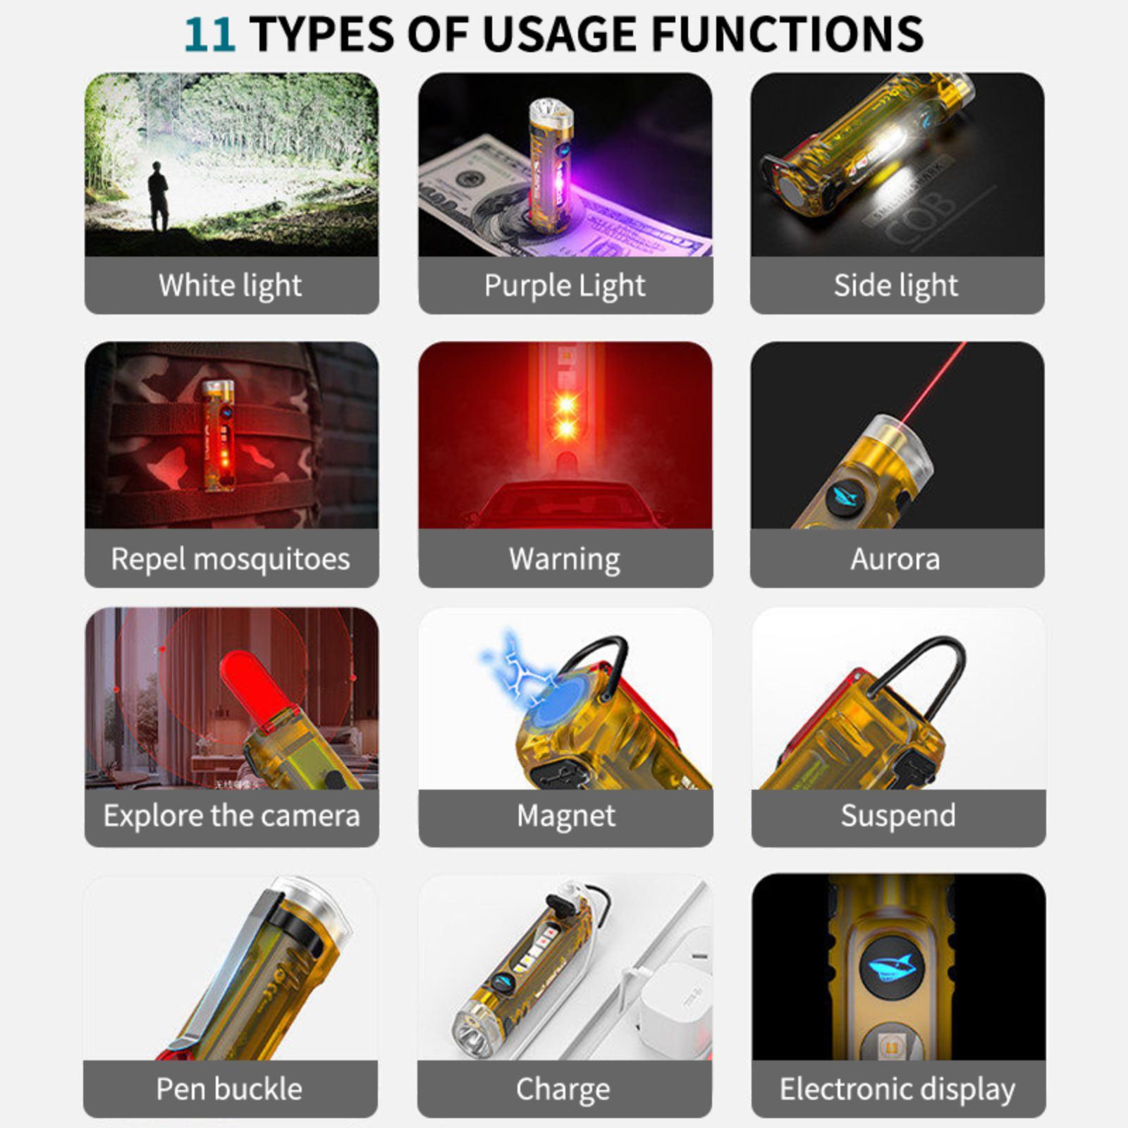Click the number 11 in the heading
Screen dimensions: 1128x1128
click(x=210, y=33)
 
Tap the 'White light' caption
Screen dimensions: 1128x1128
click(x=231, y=286)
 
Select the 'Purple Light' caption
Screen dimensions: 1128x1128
click(x=565, y=286)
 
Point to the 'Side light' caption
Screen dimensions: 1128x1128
click(x=896, y=286)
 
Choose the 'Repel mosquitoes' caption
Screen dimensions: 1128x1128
click(x=231, y=559)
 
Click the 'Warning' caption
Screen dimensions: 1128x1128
click(x=565, y=559)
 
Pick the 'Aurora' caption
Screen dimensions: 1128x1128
click(x=895, y=559)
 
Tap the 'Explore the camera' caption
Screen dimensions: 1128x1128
click(x=231, y=816)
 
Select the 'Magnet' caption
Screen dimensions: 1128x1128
click(x=565, y=816)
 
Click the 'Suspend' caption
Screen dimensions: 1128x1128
click(x=898, y=816)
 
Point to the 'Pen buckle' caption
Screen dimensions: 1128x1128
click(x=229, y=1089)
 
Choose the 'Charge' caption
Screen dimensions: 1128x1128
click(x=563, y=1089)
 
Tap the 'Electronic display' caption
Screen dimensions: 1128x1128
click(x=897, y=1089)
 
